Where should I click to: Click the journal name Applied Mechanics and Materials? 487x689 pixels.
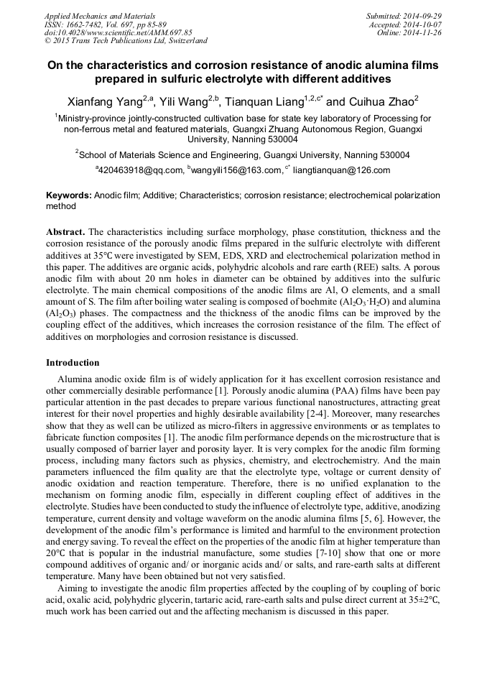(99, 15)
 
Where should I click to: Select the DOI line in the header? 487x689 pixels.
(119, 32)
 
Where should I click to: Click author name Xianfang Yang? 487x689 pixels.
(101, 101)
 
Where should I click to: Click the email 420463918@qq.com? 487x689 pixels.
(140, 170)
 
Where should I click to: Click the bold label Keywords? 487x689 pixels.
(69, 195)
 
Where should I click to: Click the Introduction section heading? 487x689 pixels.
(73, 363)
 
